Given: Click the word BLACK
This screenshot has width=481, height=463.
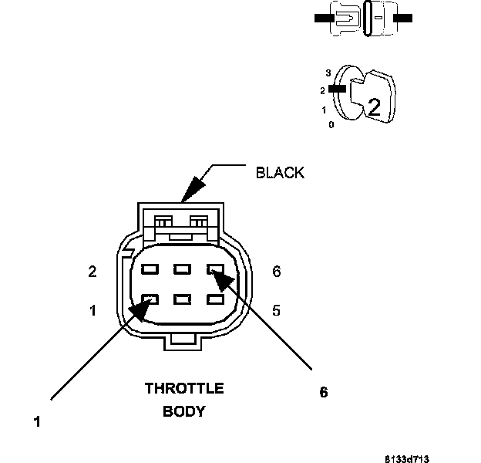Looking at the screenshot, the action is tap(280, 173).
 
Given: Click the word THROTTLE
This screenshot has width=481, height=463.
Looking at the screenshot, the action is tap(184, 388).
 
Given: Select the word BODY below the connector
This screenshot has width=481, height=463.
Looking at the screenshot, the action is tap(183, 411).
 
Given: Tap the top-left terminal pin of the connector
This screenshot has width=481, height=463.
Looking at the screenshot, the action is tap(150, 269).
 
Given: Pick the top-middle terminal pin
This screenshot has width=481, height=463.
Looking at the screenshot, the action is tap(182, 269).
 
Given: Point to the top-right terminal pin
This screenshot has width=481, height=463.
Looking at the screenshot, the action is tap(215, 269).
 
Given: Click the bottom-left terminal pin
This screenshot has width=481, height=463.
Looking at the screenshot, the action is tap(150, 299).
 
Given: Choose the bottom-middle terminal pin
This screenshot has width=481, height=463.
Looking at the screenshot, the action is tap(182, 299).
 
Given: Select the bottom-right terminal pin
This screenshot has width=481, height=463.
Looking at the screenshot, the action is tap(215, 299).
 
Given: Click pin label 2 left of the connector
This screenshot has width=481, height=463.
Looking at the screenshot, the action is tap(92, 272).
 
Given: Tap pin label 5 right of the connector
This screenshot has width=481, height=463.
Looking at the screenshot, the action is tap(277, 310).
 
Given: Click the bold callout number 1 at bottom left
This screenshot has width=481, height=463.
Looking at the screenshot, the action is tap(37, 421).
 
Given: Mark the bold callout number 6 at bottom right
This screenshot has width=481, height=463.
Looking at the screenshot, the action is tap(324, 392).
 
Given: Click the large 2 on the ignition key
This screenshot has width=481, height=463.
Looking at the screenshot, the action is tap(374, 107).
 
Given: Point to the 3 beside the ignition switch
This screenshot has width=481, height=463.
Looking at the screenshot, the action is tap(328, 73).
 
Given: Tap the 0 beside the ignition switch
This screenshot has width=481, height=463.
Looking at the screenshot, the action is tap(331, 125).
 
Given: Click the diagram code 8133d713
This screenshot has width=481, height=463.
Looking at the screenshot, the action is tap(407, 459).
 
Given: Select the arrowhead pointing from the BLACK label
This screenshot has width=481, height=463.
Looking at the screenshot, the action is tap(193, 189).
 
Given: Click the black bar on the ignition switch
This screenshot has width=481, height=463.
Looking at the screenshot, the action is tap(337, 89).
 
